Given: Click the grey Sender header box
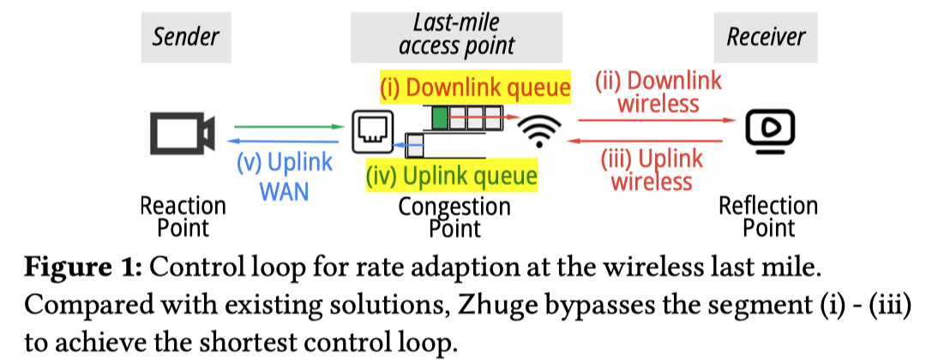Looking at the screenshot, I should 185,37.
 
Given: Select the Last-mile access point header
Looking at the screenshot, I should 456,37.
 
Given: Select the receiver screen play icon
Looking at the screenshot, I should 770,129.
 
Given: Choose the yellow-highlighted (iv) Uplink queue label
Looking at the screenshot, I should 451,177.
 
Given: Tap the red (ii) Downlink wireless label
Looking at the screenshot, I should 658,93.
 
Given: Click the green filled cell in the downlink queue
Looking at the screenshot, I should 439,118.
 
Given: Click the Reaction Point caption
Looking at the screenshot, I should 183,216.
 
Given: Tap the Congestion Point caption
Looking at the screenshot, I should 454,216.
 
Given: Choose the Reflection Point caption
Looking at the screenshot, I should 768,216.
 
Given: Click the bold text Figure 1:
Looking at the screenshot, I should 82,267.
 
